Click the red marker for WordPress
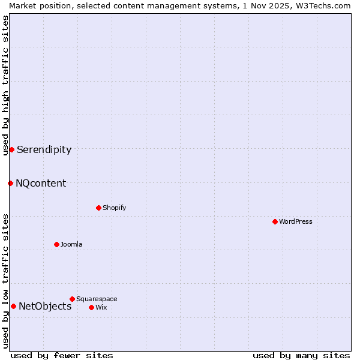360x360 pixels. coord(275,221)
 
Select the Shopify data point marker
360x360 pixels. coord(98,208)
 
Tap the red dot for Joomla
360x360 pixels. coord(56,244)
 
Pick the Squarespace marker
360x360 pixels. coord(72,299)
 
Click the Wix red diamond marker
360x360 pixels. coord(91,307)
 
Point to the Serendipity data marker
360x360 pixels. coord(11,149)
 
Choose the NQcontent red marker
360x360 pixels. coord(10,183)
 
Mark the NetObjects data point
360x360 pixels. coord(13,306)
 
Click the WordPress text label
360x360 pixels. coord(295,221)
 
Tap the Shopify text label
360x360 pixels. coord(114,208)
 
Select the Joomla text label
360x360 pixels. coord(71,244)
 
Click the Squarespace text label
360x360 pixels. coord(97,299)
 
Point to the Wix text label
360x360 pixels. coord(101,307)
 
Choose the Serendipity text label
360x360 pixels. coord(44,149)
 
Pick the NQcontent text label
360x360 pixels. coord(41,183)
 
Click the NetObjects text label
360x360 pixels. coord(45,306)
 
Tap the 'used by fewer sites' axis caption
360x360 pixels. coord(62,355)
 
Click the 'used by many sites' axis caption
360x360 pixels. coord(301,355)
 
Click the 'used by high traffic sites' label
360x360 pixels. coord(5,85)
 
